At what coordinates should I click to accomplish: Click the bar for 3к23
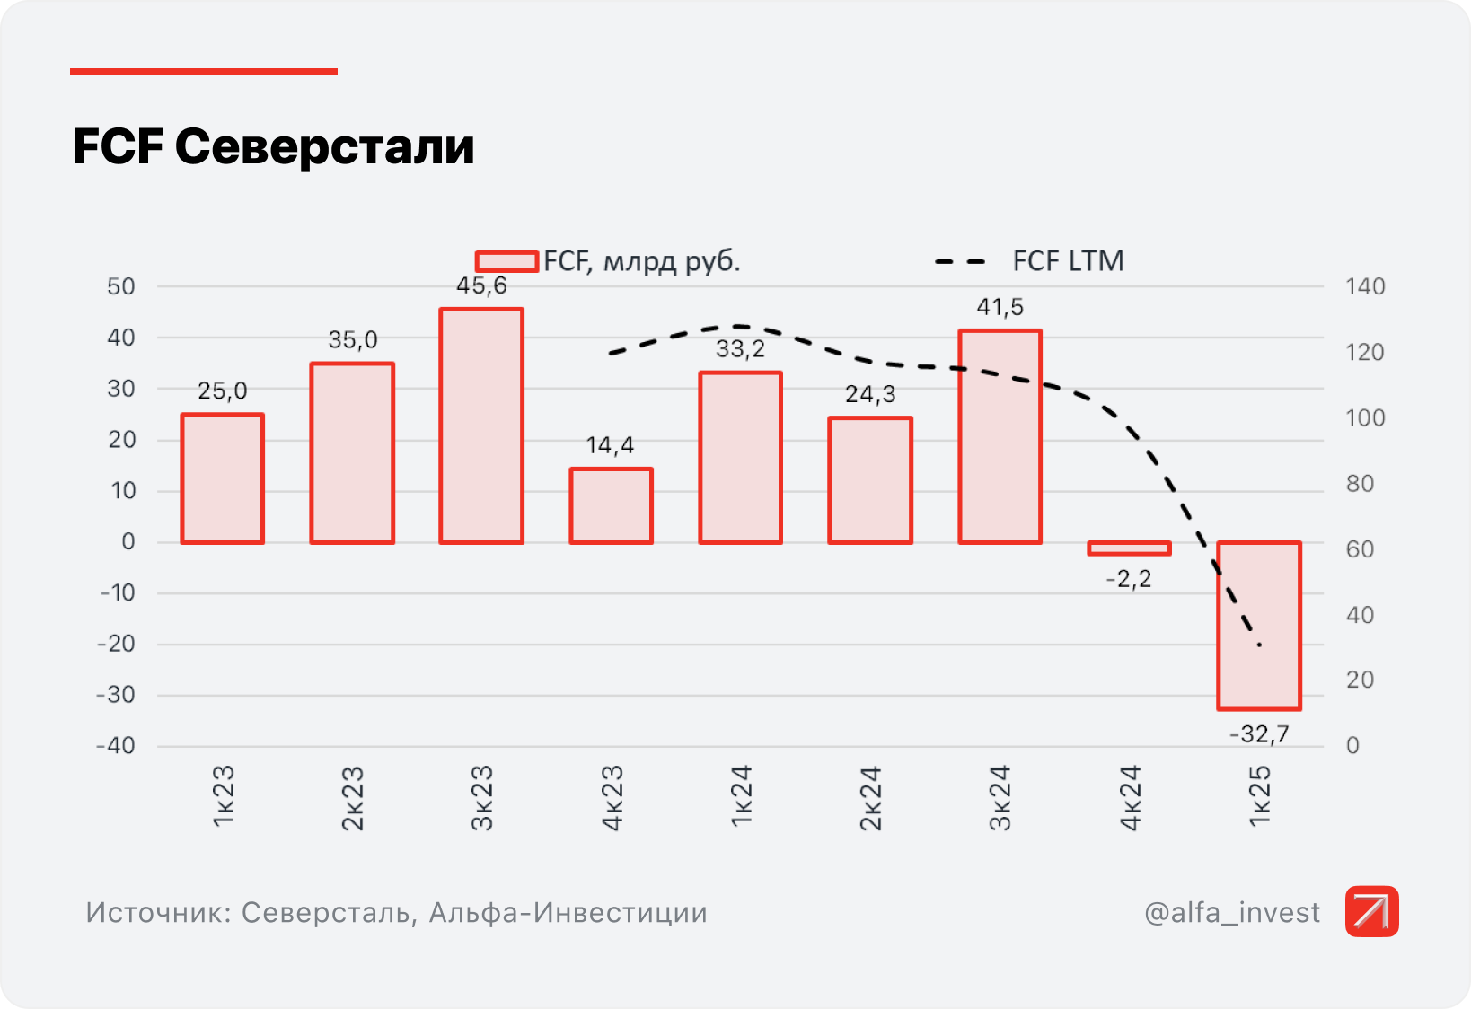481,426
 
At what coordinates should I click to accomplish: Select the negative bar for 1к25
1259,626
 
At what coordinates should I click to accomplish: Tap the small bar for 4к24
1129,548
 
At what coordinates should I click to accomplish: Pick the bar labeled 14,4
611,505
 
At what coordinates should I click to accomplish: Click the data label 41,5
1000,307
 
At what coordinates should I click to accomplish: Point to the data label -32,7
1259,734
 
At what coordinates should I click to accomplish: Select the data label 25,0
223,390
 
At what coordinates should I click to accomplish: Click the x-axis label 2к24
870,798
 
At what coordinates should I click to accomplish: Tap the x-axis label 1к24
741,798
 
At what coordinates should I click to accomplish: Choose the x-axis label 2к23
353,798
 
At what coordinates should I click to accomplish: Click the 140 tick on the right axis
1365,287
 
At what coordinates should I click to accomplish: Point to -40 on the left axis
117,746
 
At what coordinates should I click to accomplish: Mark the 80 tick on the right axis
1361,484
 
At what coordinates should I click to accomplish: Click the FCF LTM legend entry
1067,261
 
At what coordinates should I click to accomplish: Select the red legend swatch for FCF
506,261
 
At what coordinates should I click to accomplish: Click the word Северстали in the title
324,147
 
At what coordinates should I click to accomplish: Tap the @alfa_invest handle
1232,912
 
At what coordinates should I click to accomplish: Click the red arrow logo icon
1371,911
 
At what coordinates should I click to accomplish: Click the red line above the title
204,72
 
